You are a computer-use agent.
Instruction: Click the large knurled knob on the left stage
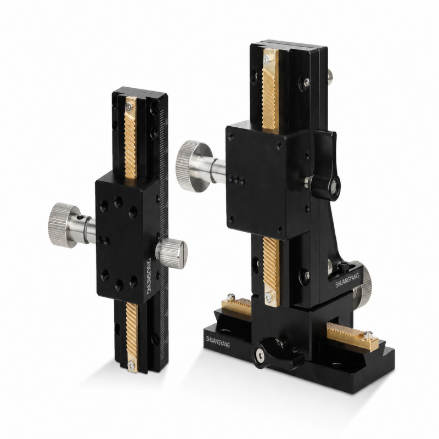64,225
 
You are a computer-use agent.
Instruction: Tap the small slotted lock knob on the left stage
172,253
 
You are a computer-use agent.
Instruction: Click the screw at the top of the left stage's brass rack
129,106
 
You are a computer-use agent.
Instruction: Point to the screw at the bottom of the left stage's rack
131,365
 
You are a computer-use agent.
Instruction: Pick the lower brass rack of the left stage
132,337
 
